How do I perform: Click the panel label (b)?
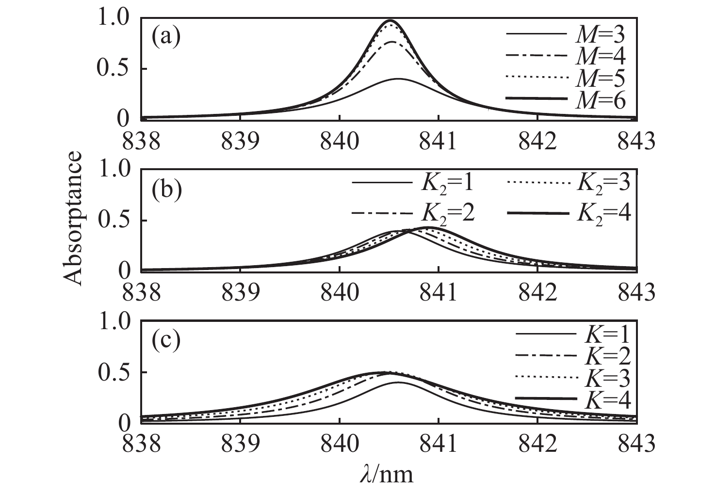(166, 190)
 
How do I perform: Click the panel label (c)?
(166, 340)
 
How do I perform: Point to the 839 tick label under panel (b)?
(241, 293)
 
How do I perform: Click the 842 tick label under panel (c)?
(537, 444)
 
